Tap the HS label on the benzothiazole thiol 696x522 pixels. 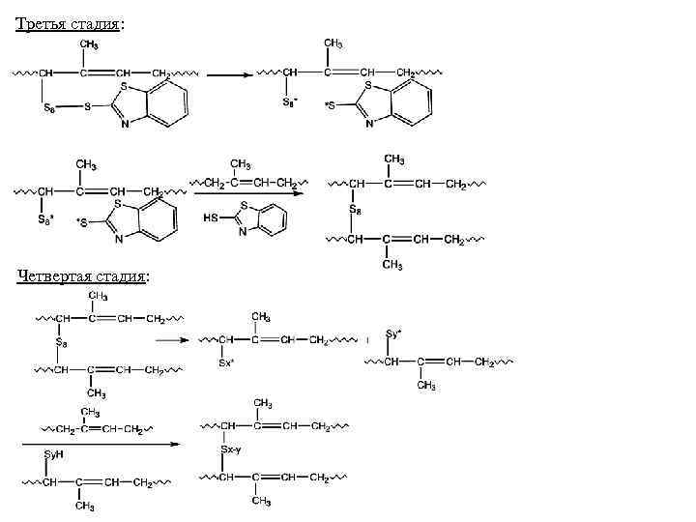[212, 218]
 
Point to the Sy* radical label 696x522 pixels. [393, 333]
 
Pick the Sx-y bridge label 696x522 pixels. [230, 450]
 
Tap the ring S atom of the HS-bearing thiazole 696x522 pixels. [244, 204]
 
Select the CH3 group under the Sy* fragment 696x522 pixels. [426, 386]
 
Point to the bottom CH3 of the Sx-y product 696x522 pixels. [261, 502]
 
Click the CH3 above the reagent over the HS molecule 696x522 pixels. [241, 164]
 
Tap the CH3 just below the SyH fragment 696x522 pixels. [85, 506]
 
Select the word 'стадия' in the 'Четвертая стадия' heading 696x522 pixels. [119, 277]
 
